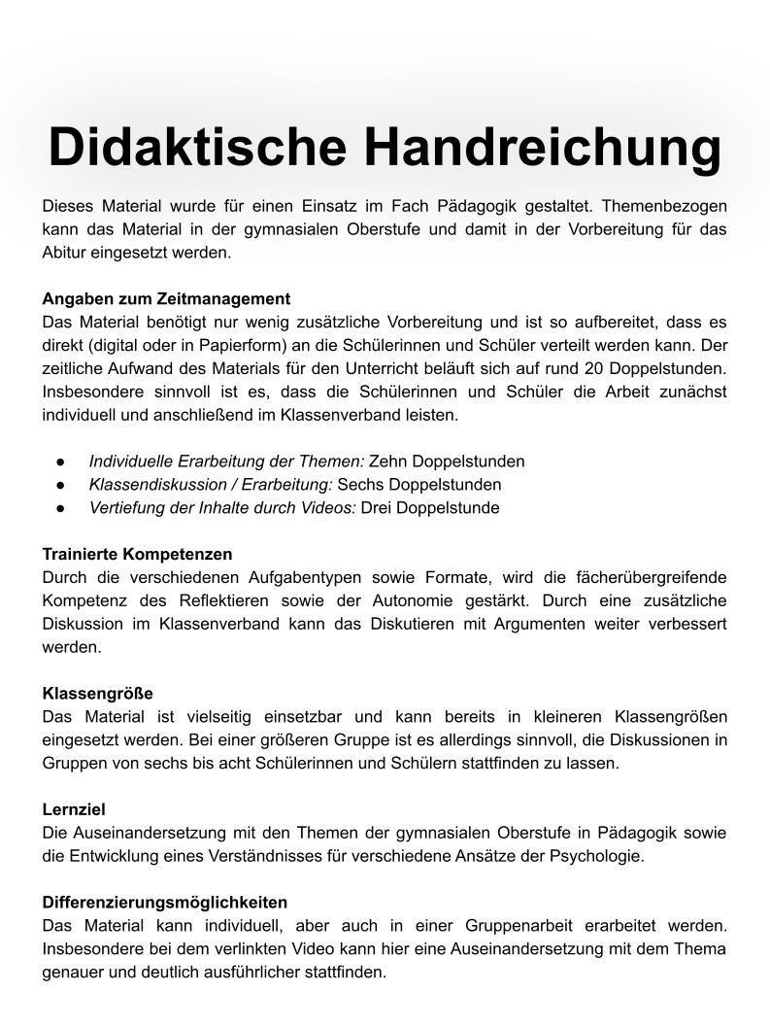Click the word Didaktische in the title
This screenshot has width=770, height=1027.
[197, 147]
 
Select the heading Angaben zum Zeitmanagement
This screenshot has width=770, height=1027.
[166, 298]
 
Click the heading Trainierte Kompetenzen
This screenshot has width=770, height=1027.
[137, 554]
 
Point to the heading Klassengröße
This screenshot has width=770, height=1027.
[97, 693]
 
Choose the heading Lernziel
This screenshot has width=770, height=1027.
[74, 809]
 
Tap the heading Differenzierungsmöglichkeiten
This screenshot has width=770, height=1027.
[165, 903]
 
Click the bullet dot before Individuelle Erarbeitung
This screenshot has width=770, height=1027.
[60, 462]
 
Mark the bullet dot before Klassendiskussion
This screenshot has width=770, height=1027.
[60, 485]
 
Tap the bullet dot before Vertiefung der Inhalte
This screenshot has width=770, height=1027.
[60, 508]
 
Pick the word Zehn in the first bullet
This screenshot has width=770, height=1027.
[385, 462]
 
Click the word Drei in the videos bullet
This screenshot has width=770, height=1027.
[377, 508]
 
